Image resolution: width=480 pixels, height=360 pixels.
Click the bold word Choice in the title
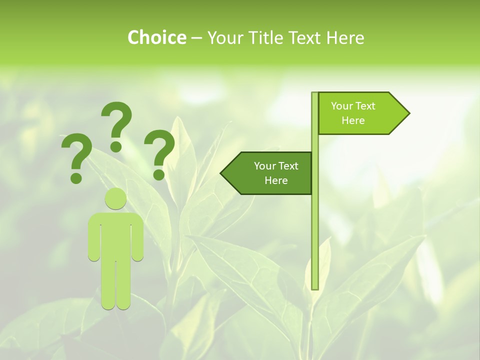coord(156,37)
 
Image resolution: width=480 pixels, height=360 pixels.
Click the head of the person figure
coord(116,199)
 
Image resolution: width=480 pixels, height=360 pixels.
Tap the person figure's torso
coord(116,235)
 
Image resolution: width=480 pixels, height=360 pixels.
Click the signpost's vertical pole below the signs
coord(315,240)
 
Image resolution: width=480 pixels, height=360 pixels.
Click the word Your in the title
coord(222,37)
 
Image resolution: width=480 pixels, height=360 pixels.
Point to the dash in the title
coord(196,38)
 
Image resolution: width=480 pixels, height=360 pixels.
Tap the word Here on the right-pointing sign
coord(353,120)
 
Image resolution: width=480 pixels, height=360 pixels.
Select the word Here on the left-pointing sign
coord(276,180)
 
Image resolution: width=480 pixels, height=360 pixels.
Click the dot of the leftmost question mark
coord(76,177)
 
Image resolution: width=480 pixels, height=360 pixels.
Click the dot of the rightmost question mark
coord(159,174)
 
